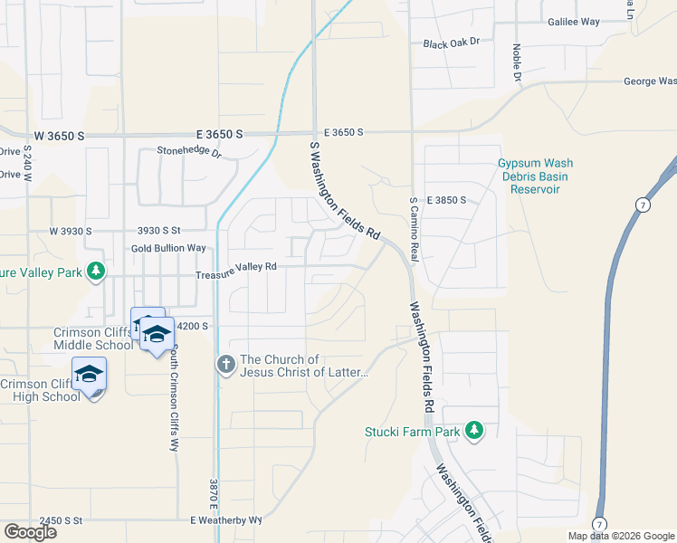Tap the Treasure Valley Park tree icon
pyautogui.click(x=95, y=271)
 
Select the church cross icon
pyautogui.click(x=225, y=365)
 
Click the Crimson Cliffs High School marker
pyautogui.click(x=89, y=375)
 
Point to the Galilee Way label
pyautogui.click(x=574, y=21)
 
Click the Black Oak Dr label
pyautogui.click(x=451, y=43)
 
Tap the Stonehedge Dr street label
pyautogui.click(x=189, y=152)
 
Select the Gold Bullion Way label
pyautogui.click(x=168, y=248)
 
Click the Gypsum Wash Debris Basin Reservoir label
pyautogui.click(x=535, y=176)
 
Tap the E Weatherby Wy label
pyautogui.click(x=225, y=520)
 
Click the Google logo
pyautogui.click(x=30, y=532)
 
